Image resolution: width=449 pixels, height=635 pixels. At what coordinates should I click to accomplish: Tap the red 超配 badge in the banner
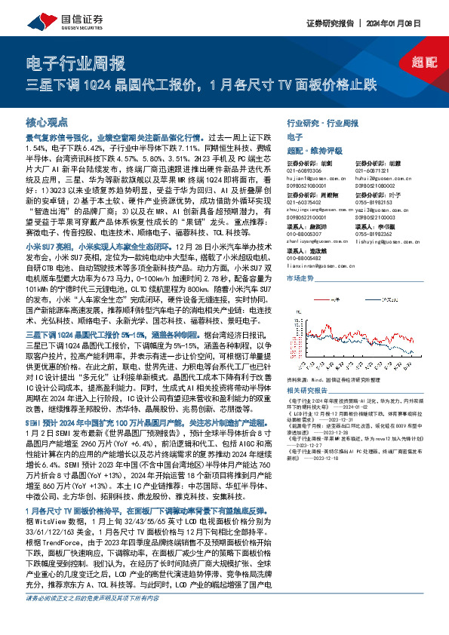426,63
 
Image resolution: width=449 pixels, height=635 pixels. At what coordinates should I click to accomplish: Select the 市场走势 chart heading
302,278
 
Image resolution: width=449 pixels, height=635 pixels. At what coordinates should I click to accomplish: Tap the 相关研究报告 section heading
309,391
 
